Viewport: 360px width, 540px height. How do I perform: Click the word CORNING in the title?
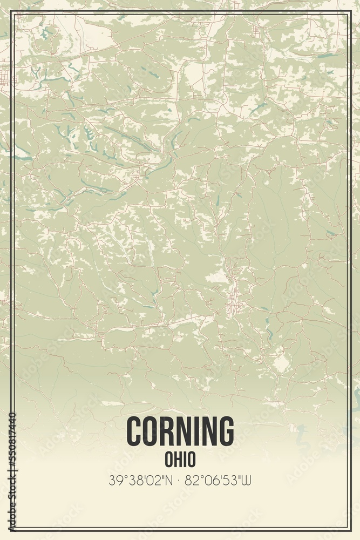click(180, 431)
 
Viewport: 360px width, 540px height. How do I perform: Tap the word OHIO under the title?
click(180, 460)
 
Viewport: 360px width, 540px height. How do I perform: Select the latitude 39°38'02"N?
click(141, 480)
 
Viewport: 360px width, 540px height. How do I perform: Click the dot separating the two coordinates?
click(180, 480)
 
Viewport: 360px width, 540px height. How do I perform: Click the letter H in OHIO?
click(177, 460)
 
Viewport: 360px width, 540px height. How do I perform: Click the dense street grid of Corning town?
click(234, 294)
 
